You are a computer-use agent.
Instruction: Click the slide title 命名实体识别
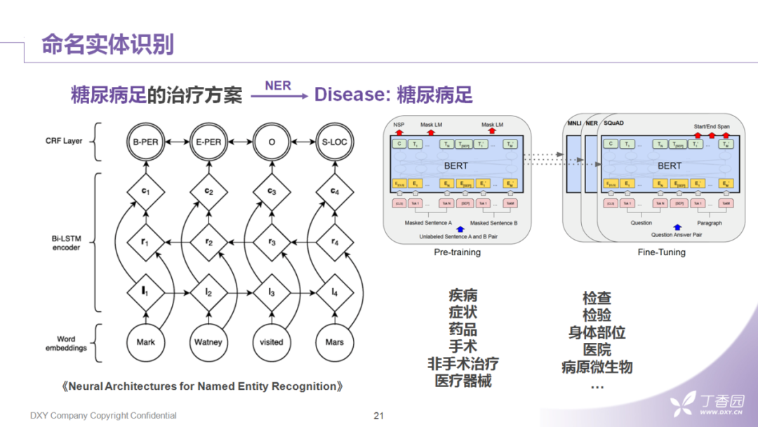point(107,43)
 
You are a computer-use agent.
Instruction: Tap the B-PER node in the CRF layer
point(145,142)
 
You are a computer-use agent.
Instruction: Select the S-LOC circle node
point(334,142)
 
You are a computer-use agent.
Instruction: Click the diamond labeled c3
point(272,191)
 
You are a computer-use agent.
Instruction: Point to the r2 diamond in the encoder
point(208,242)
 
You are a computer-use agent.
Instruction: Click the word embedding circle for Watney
point(208,342)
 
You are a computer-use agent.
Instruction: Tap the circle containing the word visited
point(272,342)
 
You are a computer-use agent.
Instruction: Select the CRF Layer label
point(64,141)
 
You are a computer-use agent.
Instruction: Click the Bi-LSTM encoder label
point(67,243)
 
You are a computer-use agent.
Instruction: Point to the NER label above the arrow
point(278,85)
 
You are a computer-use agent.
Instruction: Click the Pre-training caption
point(457,252)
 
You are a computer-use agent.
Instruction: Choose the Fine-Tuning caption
point(661,252)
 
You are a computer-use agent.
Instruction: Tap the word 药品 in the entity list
point(463,330)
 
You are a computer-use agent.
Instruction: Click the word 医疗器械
point(463,381)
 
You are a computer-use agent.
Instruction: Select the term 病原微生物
point(597,367)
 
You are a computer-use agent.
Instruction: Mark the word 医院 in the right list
point(597,349)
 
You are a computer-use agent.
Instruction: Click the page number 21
point(379,415)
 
